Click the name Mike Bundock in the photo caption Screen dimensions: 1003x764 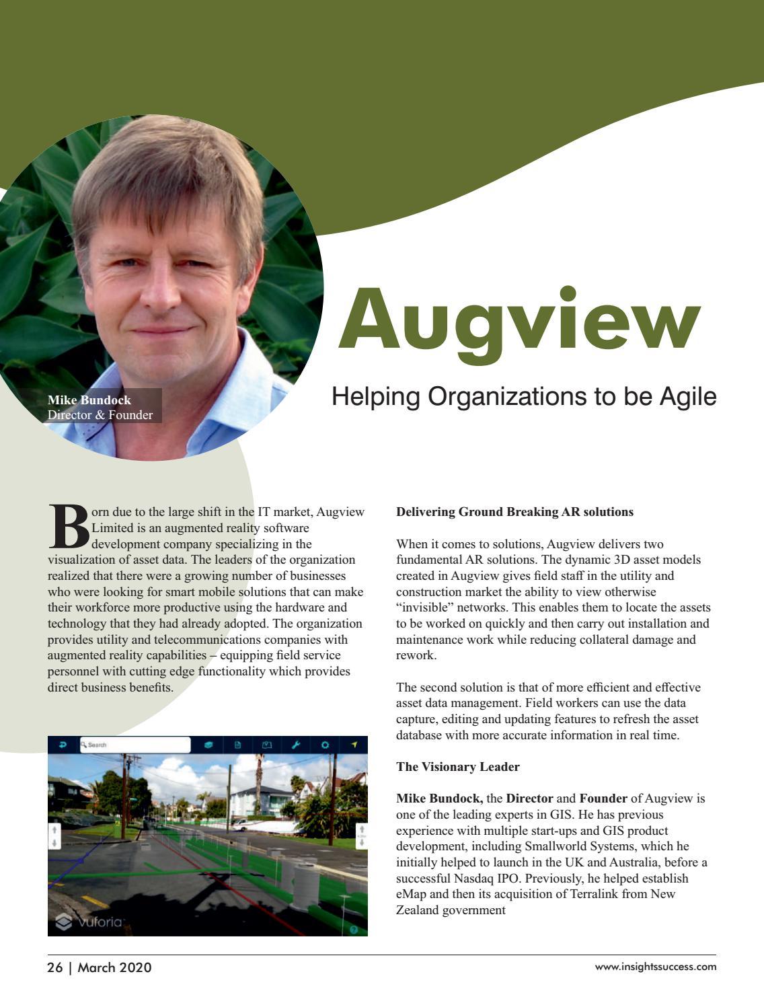coord(89,400)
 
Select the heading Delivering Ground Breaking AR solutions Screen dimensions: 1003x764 coord(514,512)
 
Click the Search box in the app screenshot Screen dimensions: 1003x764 coord(135,745)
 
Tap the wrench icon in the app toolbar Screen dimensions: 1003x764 coord(296,745)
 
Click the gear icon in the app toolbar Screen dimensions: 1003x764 coord(326,745)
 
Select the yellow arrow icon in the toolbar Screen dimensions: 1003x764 coord(355,745)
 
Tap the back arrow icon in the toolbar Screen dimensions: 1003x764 coord(63,745)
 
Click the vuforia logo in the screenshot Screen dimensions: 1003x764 coord(90,922)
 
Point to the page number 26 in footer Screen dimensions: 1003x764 coord(54,967)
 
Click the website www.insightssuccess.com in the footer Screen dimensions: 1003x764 coord(655,967)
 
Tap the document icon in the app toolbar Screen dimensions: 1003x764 coord(237,745)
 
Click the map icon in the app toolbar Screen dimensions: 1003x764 coord(266,745)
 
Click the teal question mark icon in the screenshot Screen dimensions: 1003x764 coord(354,930)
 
